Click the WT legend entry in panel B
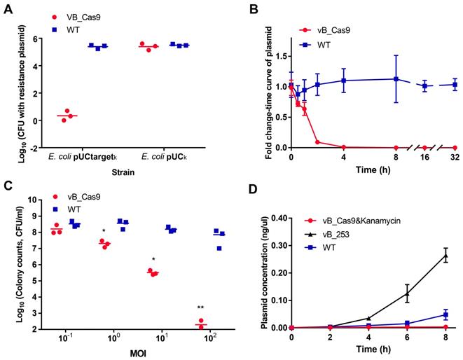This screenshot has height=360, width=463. pyautogui.click(x=334, y=44)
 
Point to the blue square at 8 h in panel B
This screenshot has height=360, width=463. pyautogui.click(x=396, y=79)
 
